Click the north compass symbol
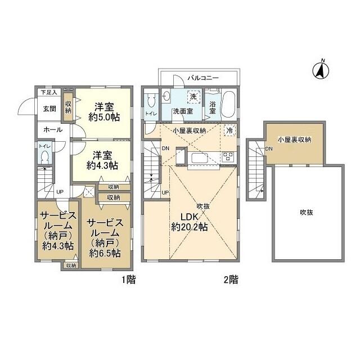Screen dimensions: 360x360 [x=321, y=70]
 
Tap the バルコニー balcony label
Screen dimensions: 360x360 [x=204, y=78]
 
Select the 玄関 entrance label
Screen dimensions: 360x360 [x=49, y=109]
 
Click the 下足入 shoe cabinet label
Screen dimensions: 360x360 [x=49, y=92]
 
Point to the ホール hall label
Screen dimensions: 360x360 [x=53, y=130]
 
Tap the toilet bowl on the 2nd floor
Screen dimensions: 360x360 [x=151, y=100]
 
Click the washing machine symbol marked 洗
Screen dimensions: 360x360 [x=193, y=96]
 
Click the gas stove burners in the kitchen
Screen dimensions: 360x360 [x=228, y=156]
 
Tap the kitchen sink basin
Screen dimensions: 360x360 [x=200, y=157]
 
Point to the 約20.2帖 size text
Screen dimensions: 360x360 [x=190, y=227]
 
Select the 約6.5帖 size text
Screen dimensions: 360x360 [x=105, y=253]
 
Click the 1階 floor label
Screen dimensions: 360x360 [x=129, y=280]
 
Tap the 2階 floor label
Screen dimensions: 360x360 [x=231, y=280]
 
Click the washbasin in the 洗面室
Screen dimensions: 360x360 [x=166, y=97]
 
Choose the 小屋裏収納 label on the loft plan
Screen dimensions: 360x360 [x=295, y=139]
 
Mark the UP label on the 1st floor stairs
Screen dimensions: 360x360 [x=60, y=192]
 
